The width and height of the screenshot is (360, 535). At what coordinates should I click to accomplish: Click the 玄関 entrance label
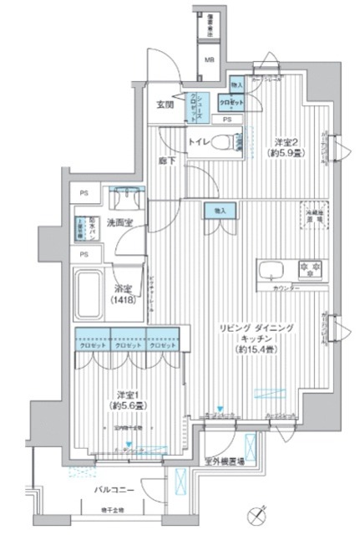click(164, 104)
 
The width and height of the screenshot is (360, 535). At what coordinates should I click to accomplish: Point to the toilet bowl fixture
click(223, 141)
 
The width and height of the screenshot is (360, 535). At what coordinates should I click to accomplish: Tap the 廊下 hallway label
click(168, 160)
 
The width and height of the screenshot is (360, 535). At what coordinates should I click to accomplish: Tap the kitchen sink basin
click(271, 269)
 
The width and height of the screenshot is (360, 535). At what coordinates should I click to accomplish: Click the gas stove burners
click(312, 269)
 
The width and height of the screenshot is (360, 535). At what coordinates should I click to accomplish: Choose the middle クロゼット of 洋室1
click(128, 344)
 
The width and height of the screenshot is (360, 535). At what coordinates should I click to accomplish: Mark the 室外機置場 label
click(225, 461)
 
